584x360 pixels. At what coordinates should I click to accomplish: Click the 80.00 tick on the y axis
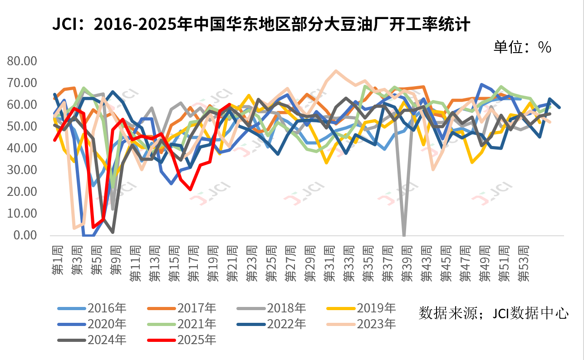(x=28, y=61)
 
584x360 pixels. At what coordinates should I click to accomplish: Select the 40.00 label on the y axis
(x=28, y=148)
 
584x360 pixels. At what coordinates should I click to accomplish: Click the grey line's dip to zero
(x=404, y=234)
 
